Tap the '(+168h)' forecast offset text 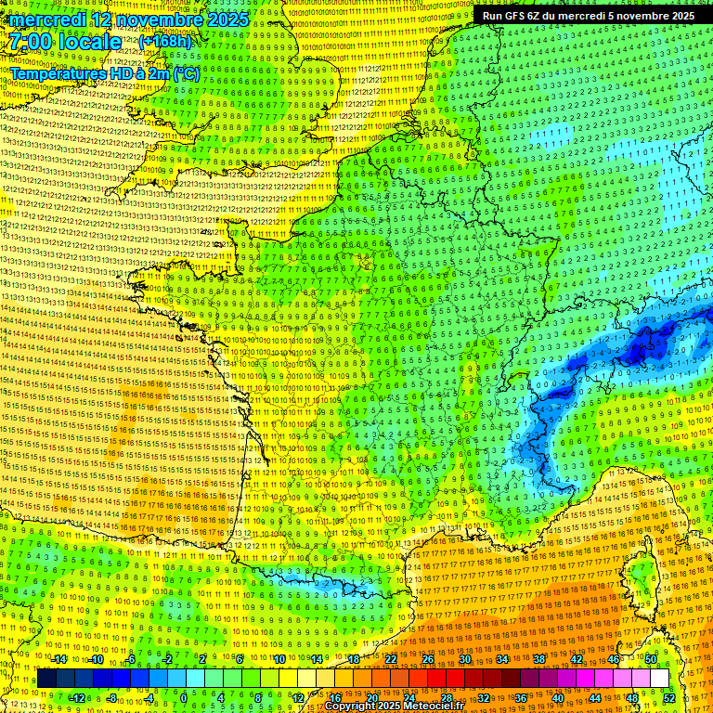point(164,42)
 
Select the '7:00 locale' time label point(65,42)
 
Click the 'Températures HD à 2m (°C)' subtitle point(104,72)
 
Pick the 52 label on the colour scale point(669,697)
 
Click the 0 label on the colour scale point(183,697)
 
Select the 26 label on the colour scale point(428,659)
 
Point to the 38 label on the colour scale point(538,659)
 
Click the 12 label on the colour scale point(298,697)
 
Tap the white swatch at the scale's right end point(659,679)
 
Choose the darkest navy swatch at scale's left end point(46,679)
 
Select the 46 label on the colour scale point(613,659)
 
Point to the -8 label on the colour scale point(110,697)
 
